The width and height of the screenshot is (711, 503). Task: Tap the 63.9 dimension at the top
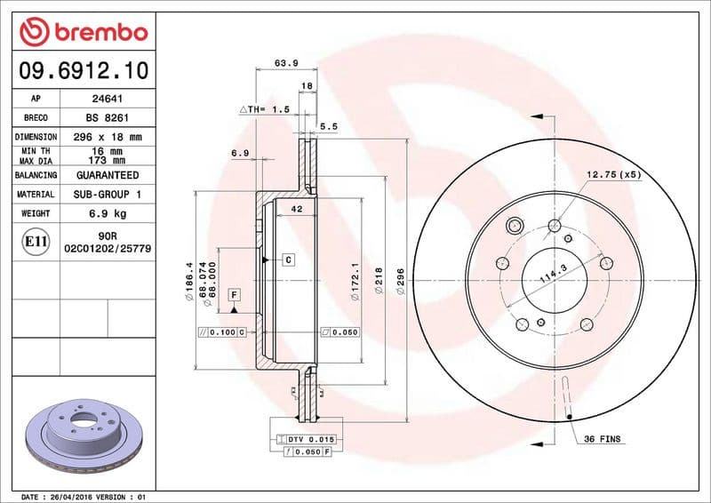pos(285,63)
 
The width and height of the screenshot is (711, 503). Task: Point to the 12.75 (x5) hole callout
pos(613,174)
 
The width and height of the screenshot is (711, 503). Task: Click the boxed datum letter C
pos(289,259)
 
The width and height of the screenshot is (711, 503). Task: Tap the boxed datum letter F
pos(235,293)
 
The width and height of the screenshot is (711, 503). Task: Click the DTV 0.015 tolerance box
pos(307,440)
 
